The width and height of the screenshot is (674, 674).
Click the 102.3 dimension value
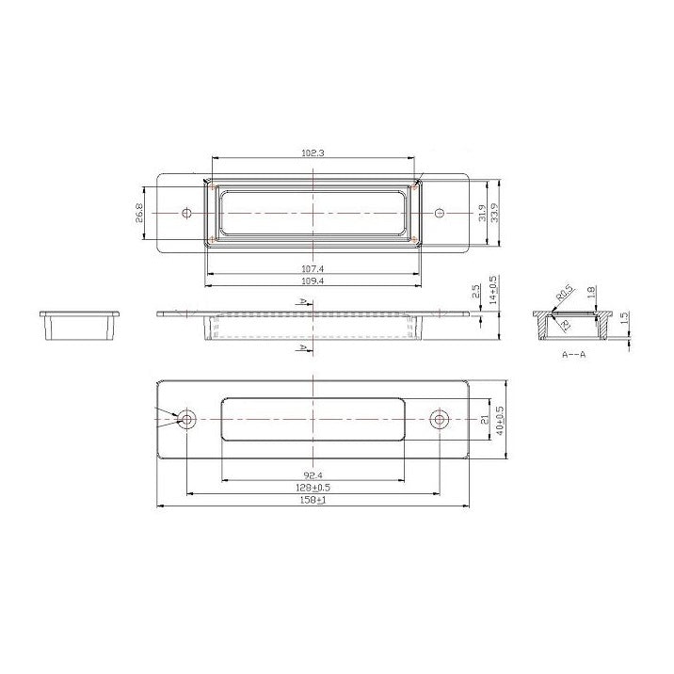point(313,152)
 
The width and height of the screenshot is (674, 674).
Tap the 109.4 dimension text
point(313,281)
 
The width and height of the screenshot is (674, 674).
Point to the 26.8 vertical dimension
point(139,214)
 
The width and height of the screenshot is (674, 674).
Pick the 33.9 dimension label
point(496,214)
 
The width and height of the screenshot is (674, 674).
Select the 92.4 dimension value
point(313,474)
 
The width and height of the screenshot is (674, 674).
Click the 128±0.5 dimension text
point(313,488)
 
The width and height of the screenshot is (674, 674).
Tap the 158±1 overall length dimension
point(313,501)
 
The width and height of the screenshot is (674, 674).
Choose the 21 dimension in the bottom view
point(484,420)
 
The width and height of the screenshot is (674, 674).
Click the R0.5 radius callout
point(563,293)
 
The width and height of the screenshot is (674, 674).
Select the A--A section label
point(574,357)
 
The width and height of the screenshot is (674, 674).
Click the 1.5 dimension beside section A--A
point(622,320)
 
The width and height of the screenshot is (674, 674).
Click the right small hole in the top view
point(439,214)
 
